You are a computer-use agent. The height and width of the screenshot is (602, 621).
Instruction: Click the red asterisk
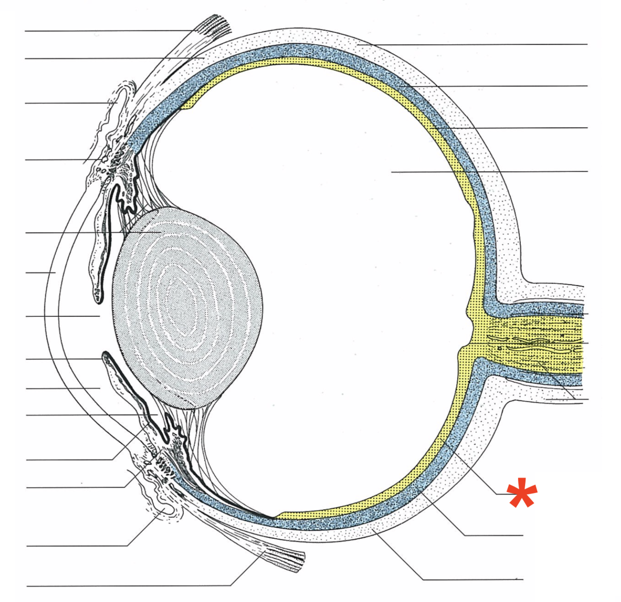coord(522,493)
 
